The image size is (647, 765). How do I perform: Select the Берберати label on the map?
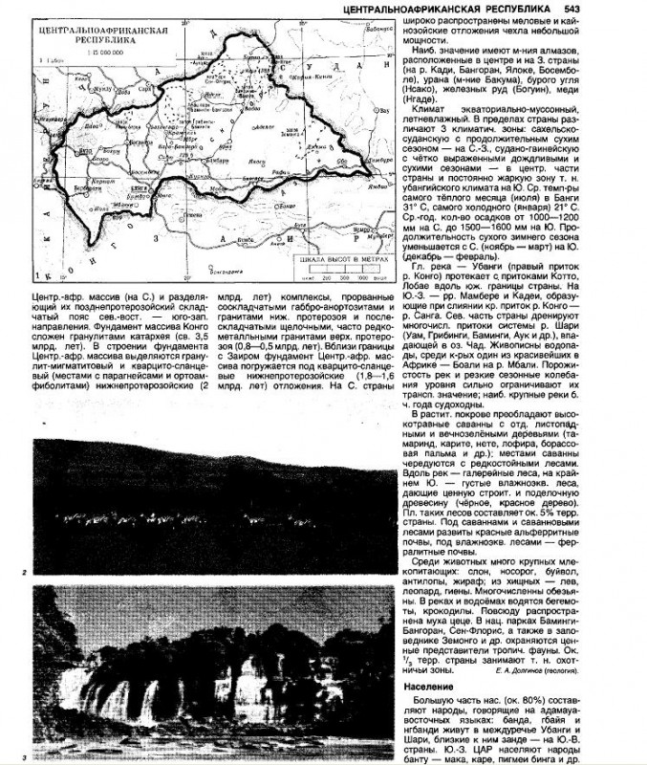point(89,187)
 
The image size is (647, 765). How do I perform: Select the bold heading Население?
point(431,688)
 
